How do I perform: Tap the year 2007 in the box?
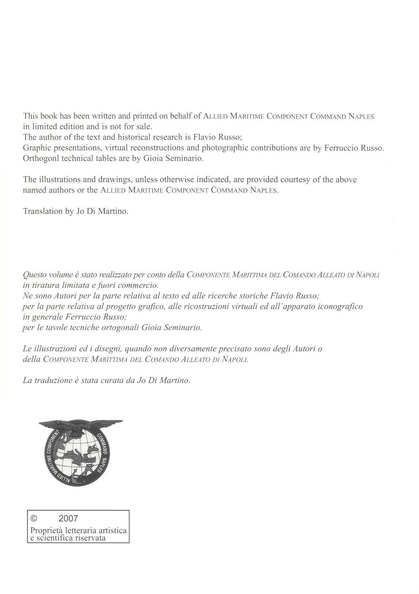point(68,519)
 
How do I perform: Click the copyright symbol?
point(34,519)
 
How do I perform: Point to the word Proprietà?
point(45,531)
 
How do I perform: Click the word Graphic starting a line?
point(36,148)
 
